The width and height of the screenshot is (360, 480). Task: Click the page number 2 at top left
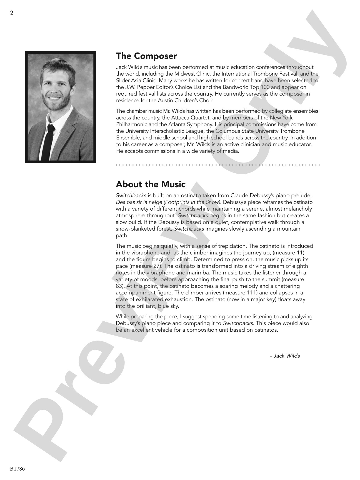point(12,13)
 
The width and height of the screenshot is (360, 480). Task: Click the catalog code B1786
point(17,469)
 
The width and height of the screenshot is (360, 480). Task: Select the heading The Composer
point(146,56)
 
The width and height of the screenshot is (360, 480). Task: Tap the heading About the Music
point(151,184)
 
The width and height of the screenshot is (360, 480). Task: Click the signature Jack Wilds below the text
point(286,356)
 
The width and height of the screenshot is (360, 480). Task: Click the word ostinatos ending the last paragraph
point(266,330)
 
